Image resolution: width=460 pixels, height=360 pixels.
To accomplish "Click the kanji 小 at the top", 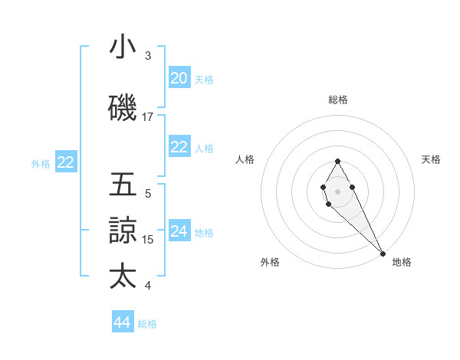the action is point(123,47).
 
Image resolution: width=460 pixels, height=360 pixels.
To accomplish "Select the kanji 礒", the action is point(123,109).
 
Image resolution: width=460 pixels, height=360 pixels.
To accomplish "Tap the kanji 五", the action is point(123,185).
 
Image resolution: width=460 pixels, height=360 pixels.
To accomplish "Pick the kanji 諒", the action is point(123,231).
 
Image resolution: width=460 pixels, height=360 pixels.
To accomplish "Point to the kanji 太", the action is point(123,277).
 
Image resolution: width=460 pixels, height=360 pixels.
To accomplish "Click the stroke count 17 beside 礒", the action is point(148,117).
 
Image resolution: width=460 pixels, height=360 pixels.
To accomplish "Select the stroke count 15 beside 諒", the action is point(148,240).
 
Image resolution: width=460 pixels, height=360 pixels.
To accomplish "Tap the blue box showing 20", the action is point(179,78).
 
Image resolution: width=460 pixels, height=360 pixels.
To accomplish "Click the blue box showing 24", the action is point(179,231).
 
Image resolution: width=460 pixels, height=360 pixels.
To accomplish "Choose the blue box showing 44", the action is point(123,322).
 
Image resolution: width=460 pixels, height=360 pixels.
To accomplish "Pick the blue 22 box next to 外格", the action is point(65,162).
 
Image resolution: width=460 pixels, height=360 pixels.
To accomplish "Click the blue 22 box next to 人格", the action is point(179,148).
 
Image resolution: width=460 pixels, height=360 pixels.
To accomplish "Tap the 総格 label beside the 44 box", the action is point(147,324).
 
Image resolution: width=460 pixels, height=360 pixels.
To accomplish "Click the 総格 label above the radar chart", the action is point(338,100).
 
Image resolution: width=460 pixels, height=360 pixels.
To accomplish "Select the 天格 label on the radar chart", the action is point(431,159).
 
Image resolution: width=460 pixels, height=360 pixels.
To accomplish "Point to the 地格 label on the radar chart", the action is point(402,262).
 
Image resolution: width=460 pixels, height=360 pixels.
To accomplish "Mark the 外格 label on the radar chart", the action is point(270,262).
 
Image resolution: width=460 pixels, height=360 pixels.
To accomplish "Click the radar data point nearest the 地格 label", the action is point(383,254).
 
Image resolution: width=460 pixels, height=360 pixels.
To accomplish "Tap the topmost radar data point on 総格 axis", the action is point(337,161).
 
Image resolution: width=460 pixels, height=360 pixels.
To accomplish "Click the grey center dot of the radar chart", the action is point(337,190).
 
